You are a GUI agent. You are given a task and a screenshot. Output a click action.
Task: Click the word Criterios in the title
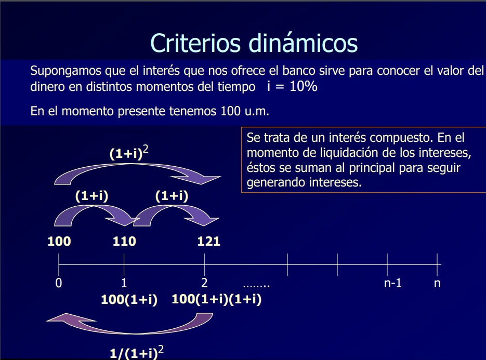point(195,43)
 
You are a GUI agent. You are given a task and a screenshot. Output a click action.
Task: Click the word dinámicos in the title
point(304,43)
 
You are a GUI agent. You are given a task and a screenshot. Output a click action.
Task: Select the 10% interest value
point(304,86)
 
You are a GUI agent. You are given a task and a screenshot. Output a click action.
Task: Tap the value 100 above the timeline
point(59,242)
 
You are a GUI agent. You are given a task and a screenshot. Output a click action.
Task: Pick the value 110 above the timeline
point(124,242)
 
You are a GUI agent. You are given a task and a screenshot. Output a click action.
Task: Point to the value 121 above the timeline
point(208,242)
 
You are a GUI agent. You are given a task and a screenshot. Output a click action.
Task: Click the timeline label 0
point(59,283)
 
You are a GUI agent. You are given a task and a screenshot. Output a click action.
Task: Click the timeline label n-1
point(393,283)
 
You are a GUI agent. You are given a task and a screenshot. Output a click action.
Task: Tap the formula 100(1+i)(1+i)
point(217,299)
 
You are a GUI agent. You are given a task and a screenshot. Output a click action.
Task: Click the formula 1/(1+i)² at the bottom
point(137,353)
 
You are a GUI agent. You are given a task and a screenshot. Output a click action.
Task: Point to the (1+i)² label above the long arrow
point(129,153)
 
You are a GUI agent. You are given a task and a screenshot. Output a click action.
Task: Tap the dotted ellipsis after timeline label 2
point(256,286)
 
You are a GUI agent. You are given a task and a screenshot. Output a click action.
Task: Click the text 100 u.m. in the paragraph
point(245,111)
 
